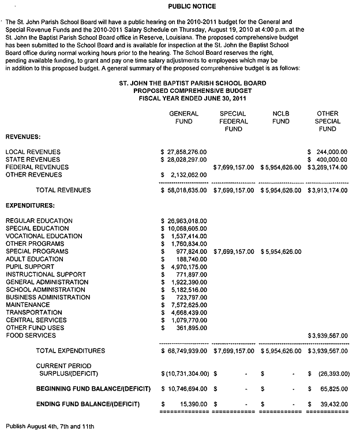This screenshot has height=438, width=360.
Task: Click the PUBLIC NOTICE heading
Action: coord(192,6)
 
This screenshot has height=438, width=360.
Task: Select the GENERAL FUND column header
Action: coord(183,118)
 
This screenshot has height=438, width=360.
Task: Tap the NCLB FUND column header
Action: coord(281,118)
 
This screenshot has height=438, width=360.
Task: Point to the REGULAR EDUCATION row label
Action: coord(39,220)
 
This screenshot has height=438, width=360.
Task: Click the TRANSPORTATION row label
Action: coord(34,312)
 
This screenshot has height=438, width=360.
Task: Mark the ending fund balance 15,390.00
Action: coord(190,404)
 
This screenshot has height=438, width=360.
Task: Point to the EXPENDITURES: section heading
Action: coord(30,205)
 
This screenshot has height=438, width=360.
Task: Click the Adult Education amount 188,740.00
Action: coord(190,259)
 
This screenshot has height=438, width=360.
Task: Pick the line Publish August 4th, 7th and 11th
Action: coord(50,426)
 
